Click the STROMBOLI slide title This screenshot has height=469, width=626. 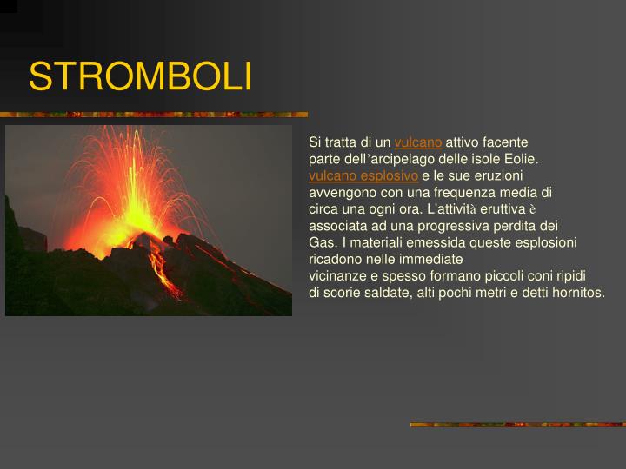point(140,77)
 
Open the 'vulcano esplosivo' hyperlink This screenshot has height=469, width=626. point(363,175)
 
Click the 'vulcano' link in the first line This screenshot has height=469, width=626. point(418,142)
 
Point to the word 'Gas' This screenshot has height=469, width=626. point(320,242)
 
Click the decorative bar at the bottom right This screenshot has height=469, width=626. point(517,425)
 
